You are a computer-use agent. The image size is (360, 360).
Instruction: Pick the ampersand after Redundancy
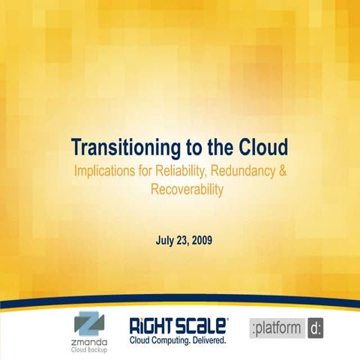click(x=283, y=171)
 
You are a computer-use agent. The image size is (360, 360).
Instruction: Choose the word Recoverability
click(x=187, y=190)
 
